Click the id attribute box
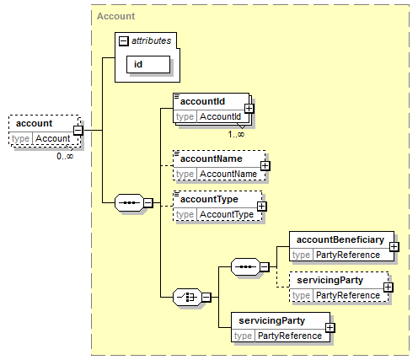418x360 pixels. click(148, 64)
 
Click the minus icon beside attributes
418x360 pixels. click(124, 41)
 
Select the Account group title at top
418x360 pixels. click(115, 16)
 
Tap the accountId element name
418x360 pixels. click(202, 101)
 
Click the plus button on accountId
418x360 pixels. click(249, 109)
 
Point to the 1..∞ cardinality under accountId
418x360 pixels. click(236, 134)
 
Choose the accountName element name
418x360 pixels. click(211, 159)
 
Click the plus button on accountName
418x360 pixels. click(265, 166)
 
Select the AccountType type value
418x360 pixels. click(227, 214)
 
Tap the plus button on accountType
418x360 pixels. click(262, 207)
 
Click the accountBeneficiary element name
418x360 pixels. click(340, 239)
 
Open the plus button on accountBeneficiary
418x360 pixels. click(394, 247)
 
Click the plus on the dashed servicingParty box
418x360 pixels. click(389, 287)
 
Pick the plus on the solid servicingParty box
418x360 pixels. click(330, 328)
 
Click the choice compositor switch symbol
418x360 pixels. click(187, 297)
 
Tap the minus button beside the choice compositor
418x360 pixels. click(206, 298)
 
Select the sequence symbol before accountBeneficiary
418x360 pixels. click(245, 266)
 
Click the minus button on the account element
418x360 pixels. click(78, 131)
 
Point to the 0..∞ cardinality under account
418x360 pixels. click(65, 156)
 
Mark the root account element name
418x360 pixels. click(34, 123)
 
